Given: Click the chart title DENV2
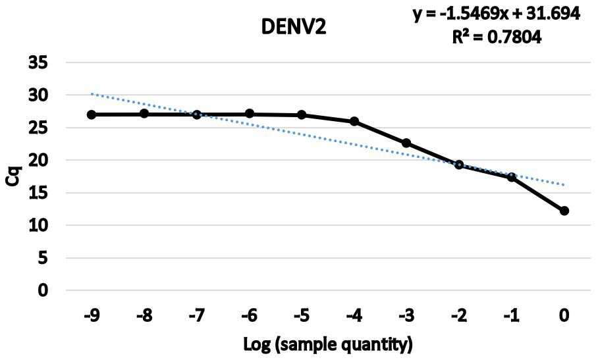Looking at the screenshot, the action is pyautogui.click(x=294, y=27).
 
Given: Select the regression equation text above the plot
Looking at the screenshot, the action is pyautogui.click(x=497, y=14).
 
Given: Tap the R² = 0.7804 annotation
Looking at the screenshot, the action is pyautogui.click(x=497, y=38).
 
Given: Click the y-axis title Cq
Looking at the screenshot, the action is pyautogui.click(x=13, y=176).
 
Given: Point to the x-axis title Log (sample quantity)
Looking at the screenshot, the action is pyautogui.click(x=328, y=344).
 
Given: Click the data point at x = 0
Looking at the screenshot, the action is pyautogui.click(x=564, y=211).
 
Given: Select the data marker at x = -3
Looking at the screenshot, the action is pyautogui.click(x=406, y=143).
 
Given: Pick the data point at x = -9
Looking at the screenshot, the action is pyautogui.click(x=92, y=115).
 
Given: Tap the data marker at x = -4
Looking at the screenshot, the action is pyautogui.click(x=354, y=121).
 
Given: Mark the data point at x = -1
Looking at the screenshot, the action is pyautogui.click(x=512, y=177).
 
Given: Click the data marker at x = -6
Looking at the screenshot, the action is pyautogui.click(x=250, y=113).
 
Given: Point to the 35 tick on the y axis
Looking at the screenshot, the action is pyautogui.click(x=38, y=63).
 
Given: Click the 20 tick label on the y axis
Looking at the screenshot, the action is pyautogui.click(x=38, y=160).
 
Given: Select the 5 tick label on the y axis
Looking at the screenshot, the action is pyautogui.click(x=43, y=258).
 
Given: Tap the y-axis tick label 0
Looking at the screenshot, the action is pyautogui.click(x=43, y=290).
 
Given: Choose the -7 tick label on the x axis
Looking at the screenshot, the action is pyautogui.click(x=197, y=316).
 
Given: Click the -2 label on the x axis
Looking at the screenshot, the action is pyautogui.click(x=459, y=316).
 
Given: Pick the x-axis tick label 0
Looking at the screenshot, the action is pyautogui.click(x=564, y=316).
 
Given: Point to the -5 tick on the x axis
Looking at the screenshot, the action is pyautogui.click(x=302, y=316).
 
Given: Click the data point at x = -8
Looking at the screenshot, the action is pyautogui.click(x=144, y=113).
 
